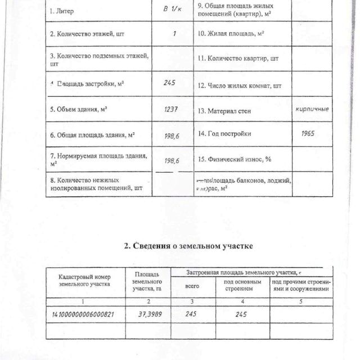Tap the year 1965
pyautogui.click(x=308, y=134)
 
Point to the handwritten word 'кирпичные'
pyautogui.click(x=312, y=108)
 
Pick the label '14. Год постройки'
pyautogui.click(x=224, y=134)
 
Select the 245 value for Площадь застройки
pyautogui.click(x=170, y=83)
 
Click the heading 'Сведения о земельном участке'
pyautogui.click(x=188, y=246)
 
